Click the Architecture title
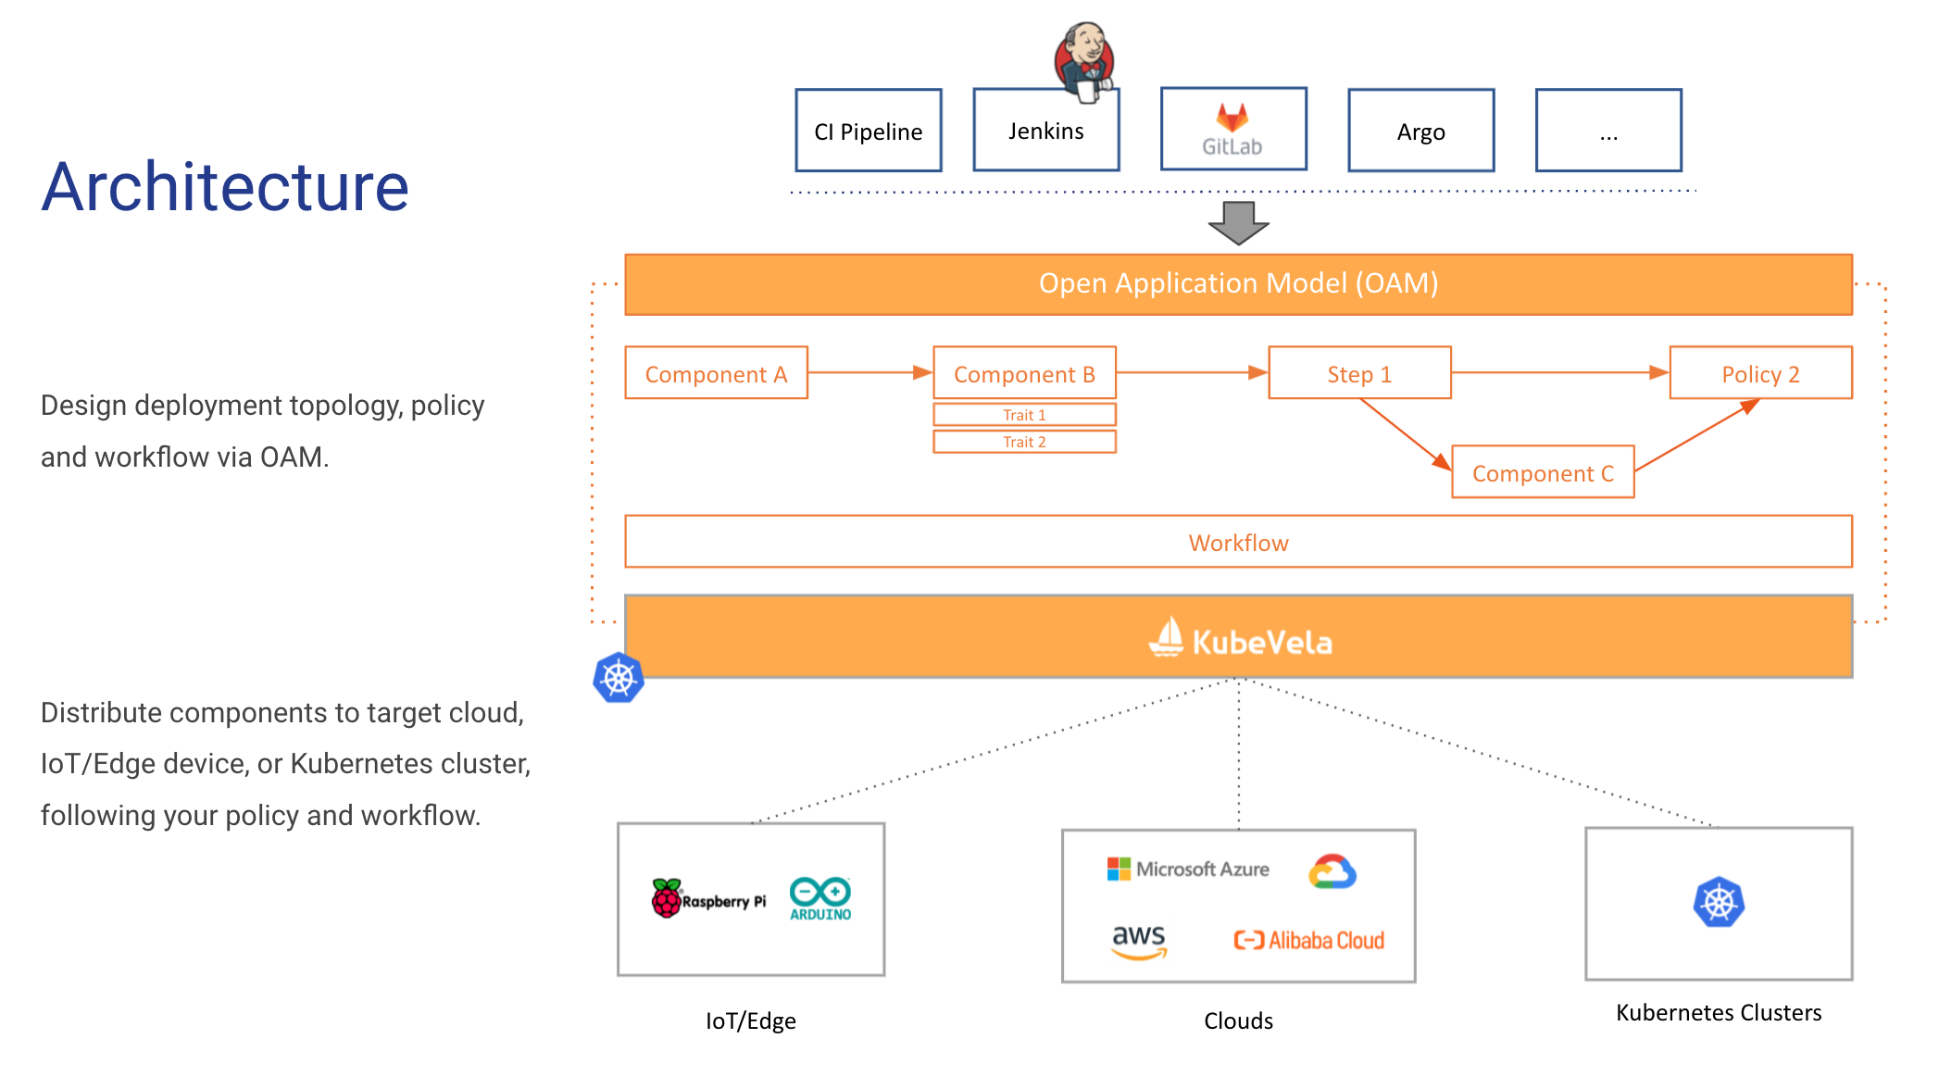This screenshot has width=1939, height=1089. coord(225,187)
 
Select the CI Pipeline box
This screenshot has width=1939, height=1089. coord(868,131)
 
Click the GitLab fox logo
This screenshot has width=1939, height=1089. coord(1232,118)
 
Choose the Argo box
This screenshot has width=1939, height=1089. coord(1420,131)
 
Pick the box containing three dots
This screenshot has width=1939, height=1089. coord(1607,131)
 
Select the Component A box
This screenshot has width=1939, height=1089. coord(716,373)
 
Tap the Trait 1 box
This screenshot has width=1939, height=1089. coord(1024,415)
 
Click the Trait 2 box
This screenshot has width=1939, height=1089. coord(1024,442)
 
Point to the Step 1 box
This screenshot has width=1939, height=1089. coord(1358,373)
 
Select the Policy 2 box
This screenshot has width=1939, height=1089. coord(1759,373)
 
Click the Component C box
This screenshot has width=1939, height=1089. coord(1542,472)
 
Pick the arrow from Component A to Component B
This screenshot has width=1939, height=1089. coord(869,372)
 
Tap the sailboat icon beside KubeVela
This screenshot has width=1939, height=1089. coord(1167,637)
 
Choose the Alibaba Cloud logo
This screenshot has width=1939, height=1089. coord(1308,941)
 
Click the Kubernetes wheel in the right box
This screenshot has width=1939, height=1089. coord(1718,902)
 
